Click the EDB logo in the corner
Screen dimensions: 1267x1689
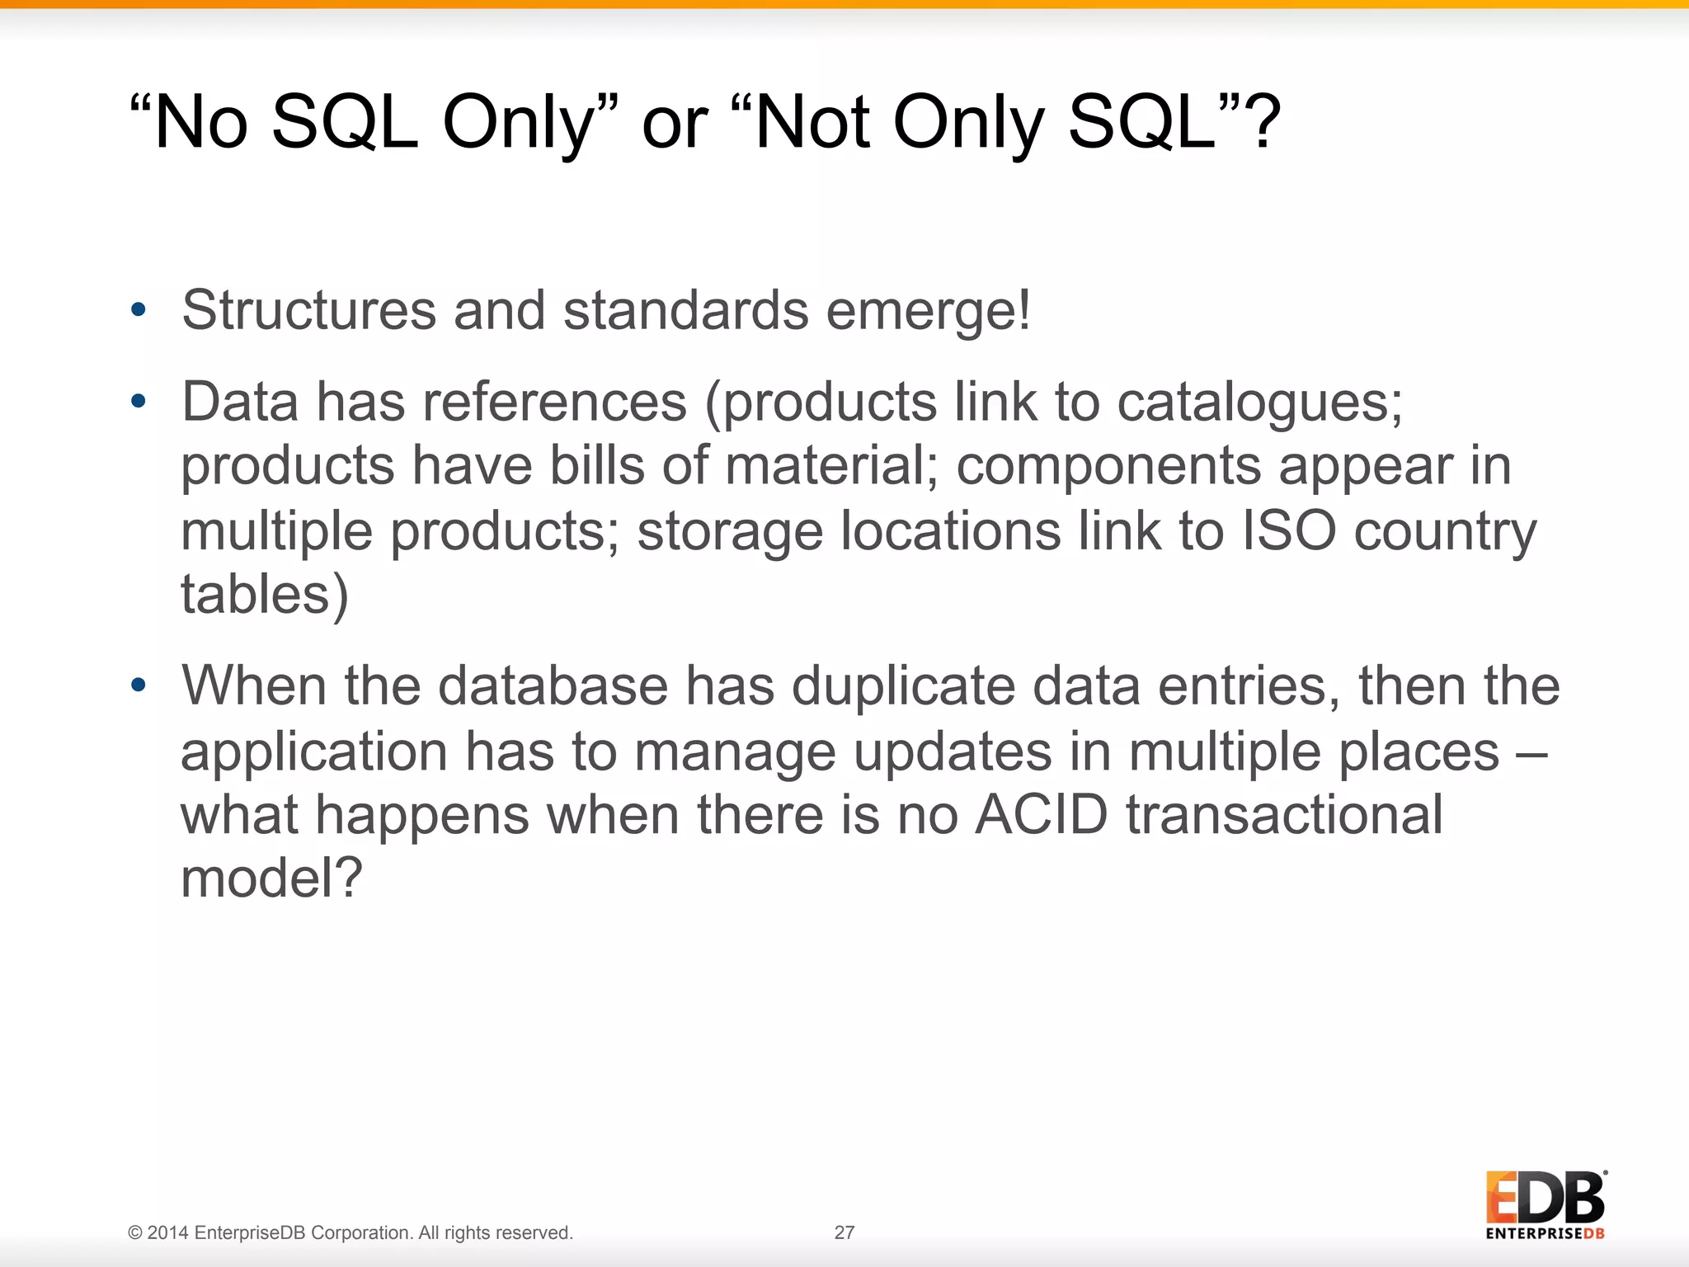(x=1546, y=1204)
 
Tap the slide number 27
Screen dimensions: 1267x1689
(x=844, y=1232)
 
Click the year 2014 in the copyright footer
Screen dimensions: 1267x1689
(x=168, y=1233)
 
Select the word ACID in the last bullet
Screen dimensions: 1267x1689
(x=1041, y=815)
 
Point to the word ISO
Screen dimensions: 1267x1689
(x=1288, y=530)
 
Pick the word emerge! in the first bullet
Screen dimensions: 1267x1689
(x=928, y=311)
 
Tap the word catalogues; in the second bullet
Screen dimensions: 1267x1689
(x=1259, y=403)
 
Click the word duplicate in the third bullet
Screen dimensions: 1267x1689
(x=903, y=686)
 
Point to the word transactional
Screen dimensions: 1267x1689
(x=1284, y=815)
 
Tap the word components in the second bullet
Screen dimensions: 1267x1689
(x=1108, y=466)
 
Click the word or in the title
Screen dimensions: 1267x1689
(x=675, y=124)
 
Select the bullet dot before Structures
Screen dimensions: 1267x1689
(x=138, y=310)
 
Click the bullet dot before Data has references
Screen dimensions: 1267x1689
(x=138, y=402)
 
